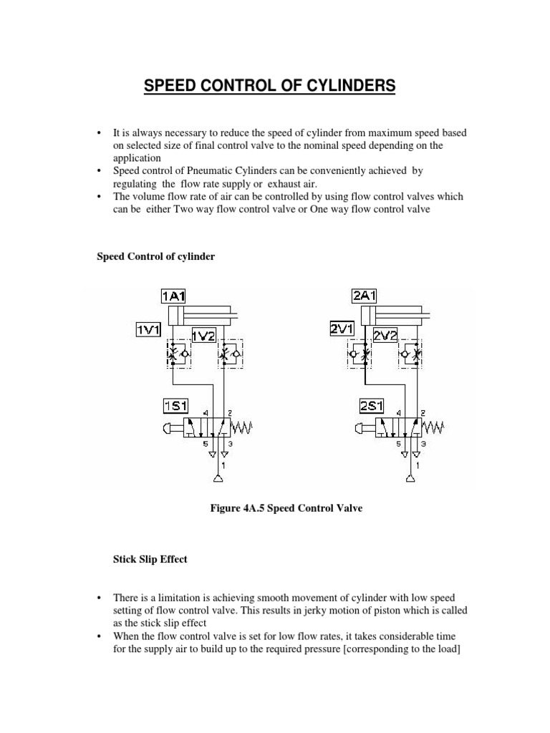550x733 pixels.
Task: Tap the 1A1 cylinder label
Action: (174, 294)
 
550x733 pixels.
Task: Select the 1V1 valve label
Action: (149, 329)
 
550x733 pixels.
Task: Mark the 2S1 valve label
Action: (371, 407)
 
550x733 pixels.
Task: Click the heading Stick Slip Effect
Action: (151, 560)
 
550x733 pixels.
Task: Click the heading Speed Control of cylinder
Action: (156, 256)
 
